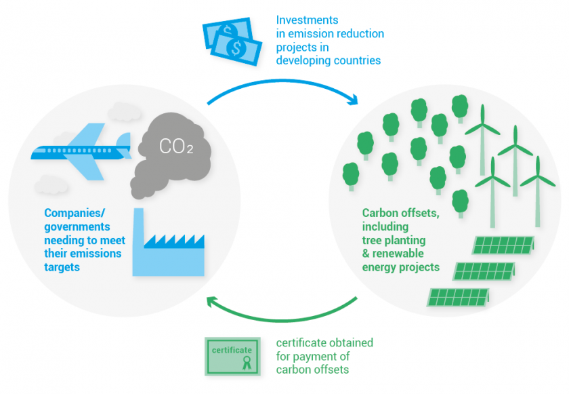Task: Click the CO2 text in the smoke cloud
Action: pos(175,146)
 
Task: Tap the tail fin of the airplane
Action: pos(124,141)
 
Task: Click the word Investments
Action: pos(307,20)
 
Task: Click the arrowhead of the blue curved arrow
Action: pos(352,102)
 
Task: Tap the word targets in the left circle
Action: pos(62,267)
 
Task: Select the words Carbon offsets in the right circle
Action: pos(400,213)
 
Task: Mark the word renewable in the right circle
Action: pos(406,254)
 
